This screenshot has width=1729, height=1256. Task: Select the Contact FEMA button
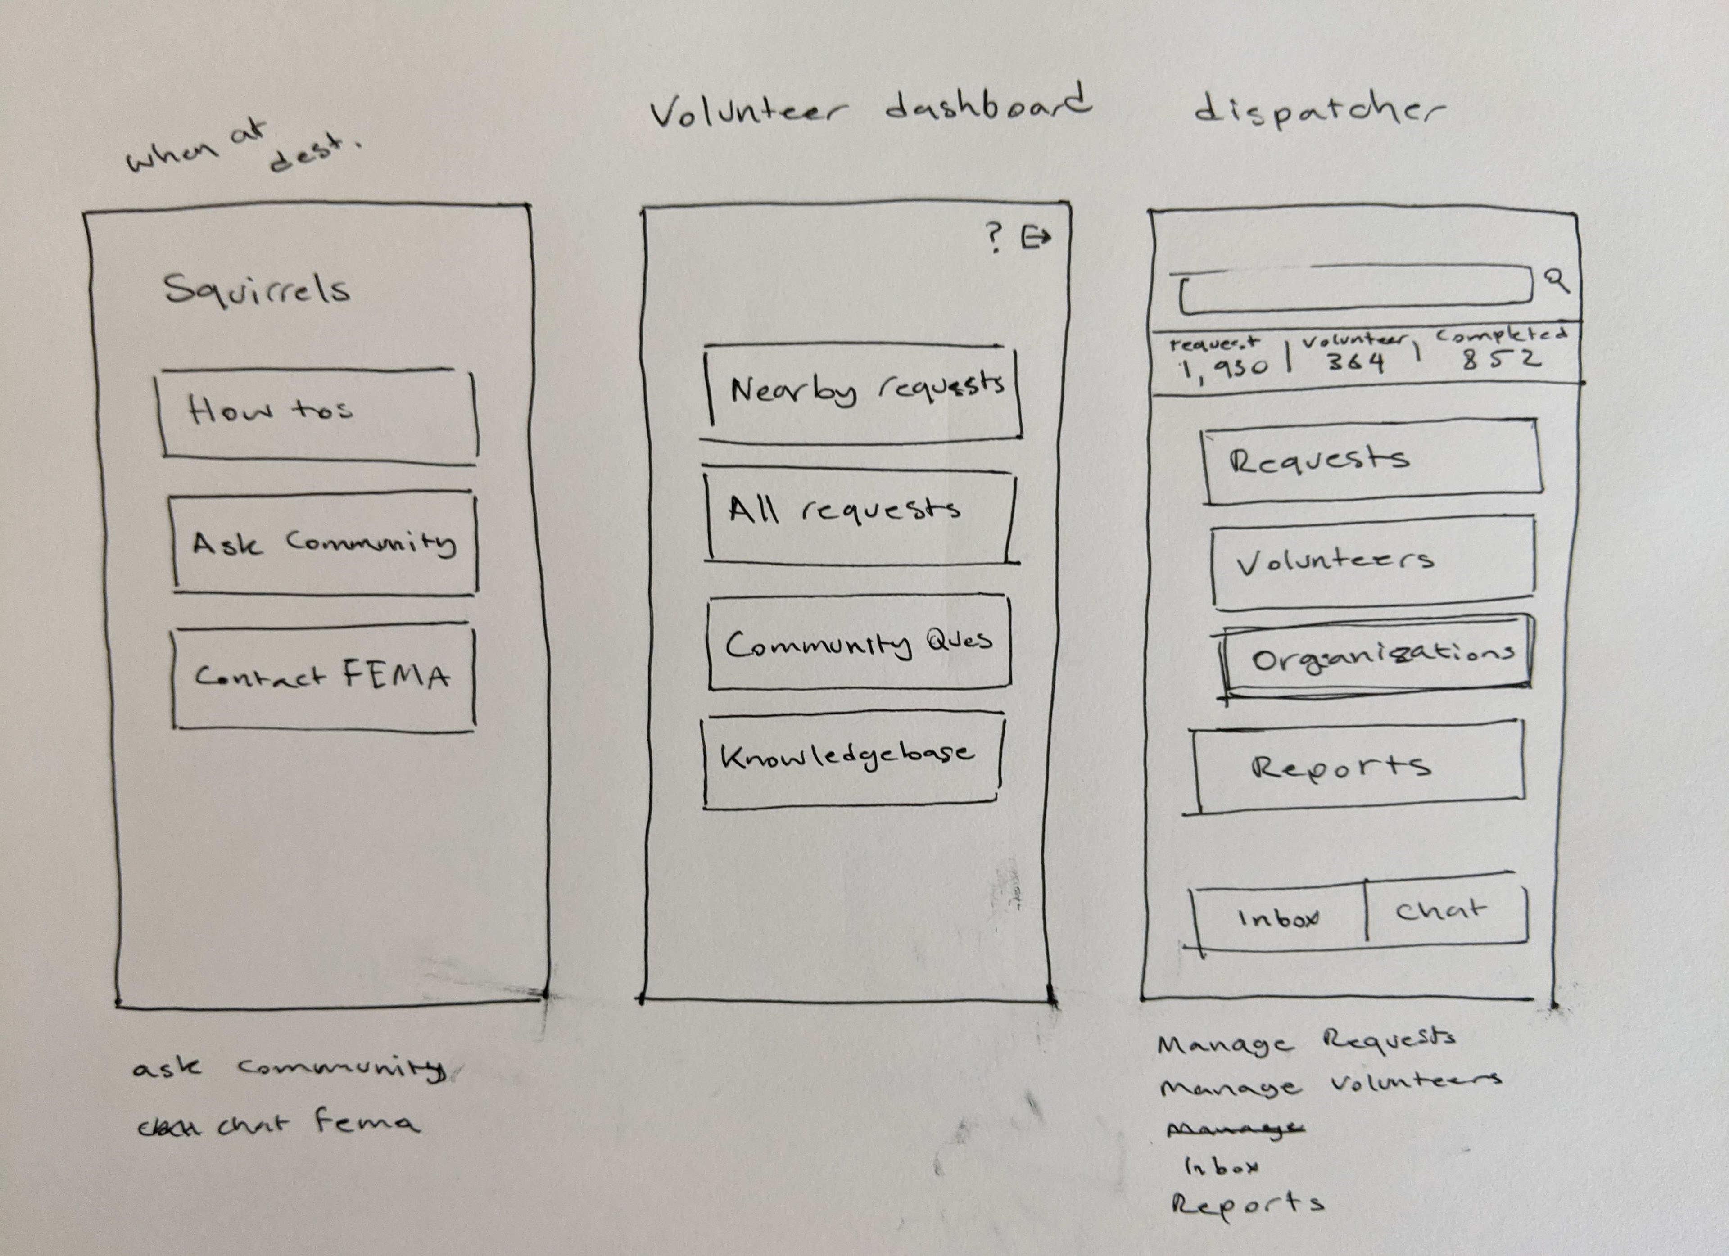pos(323,677)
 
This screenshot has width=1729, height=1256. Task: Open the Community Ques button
pos(859,644)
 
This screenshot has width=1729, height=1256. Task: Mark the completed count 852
pos(1500,359)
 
